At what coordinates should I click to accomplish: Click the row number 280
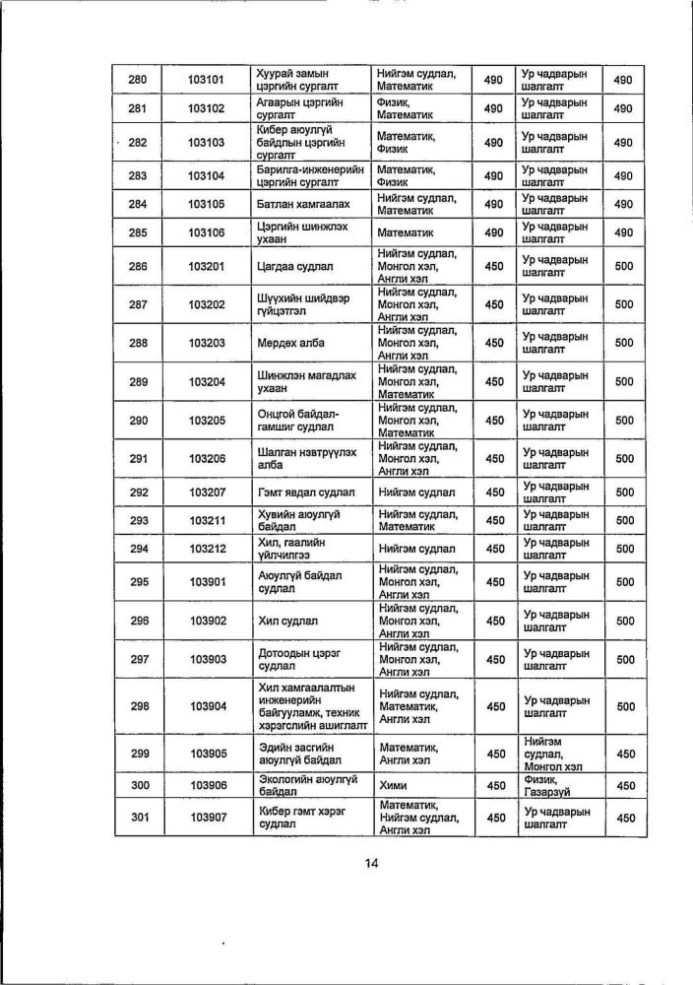(x=138, y=80)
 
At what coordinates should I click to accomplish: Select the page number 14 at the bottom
(x=371, y=864)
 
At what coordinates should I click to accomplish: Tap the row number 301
(x=138, y=818)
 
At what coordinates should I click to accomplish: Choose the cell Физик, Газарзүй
(x=556, y=785)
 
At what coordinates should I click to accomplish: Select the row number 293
(x=138, y=520)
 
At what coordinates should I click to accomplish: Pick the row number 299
(x=138, y=754)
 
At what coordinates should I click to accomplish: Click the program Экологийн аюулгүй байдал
(x=306, y=785)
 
